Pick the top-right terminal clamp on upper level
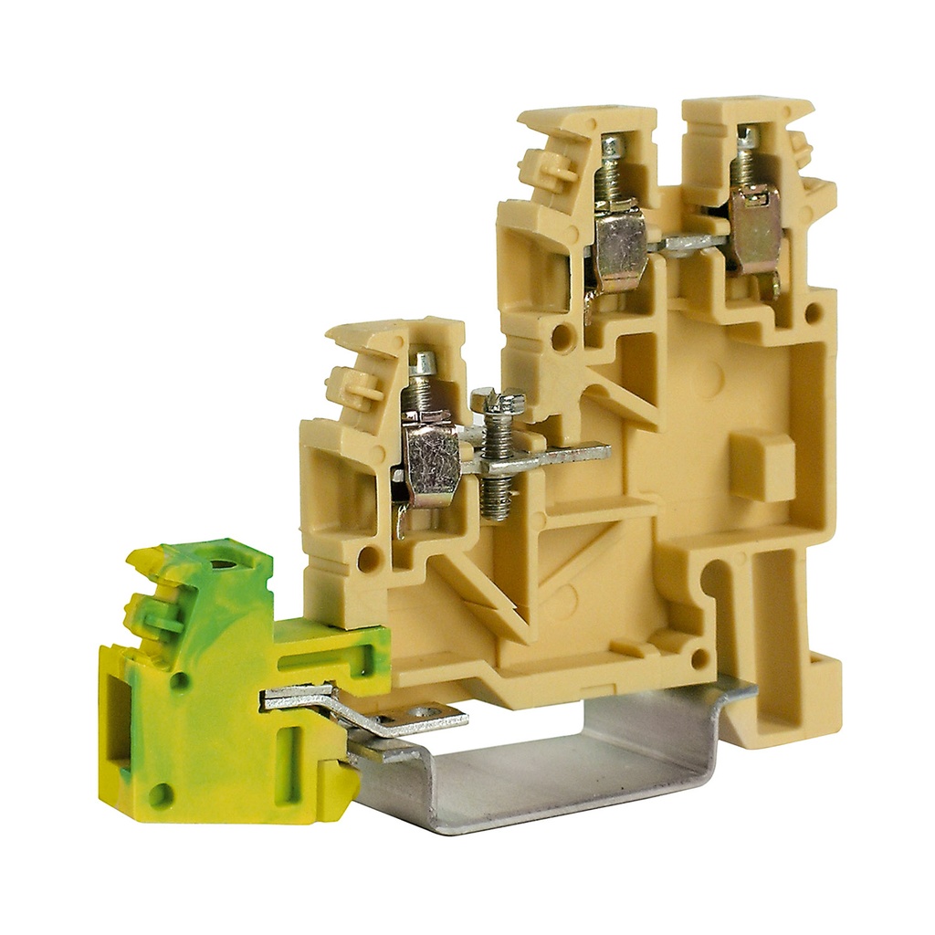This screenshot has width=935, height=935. coord(754,228)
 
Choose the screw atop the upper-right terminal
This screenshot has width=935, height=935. coord(747,137)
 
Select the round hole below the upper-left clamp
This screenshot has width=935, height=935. coord(563,338)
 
